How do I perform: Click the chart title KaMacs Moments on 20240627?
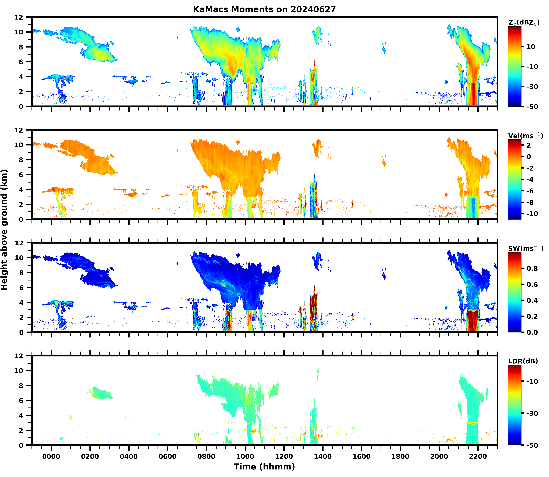coord(264,9)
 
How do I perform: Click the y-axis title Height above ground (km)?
coord(4,230)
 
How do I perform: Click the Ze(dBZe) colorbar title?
coord(524,23)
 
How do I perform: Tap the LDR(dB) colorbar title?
coord(523,361)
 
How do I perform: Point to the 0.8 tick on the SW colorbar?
coord(532,268)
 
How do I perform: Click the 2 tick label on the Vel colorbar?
coord(529,145)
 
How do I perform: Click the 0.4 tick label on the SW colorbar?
coord(532,300)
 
